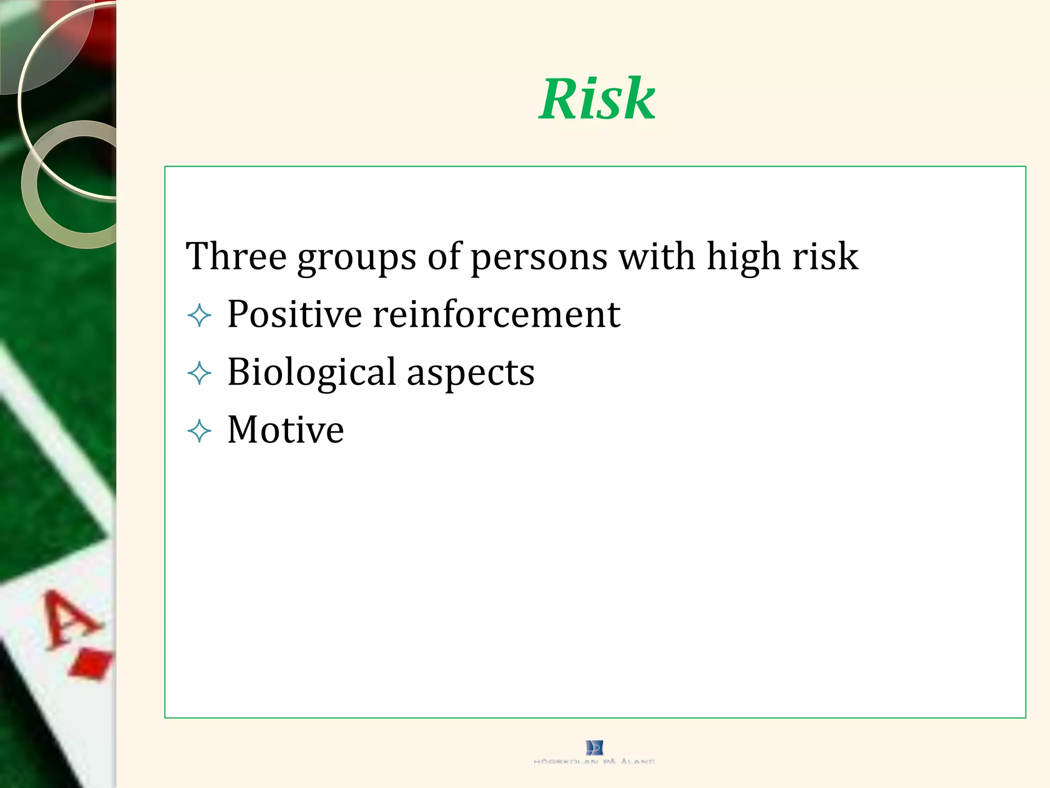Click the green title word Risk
click(597, 98)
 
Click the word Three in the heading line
click(236, 256)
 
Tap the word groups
click(357, 258)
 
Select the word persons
click(539, 258)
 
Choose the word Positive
click(294, 314)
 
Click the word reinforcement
click(496, 314)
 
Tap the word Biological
click(312, 373)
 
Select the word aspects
click(471, 374)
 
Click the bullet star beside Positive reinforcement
click(199, 316)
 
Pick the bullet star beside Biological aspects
click(199, 373)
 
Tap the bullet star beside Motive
click(199, 431)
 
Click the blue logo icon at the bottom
click(594, 747)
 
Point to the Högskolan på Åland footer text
click(594, 762)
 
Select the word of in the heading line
click(444, 256)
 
